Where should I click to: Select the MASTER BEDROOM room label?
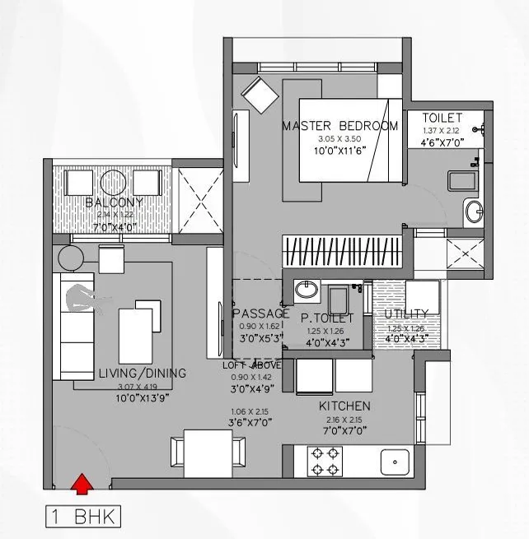click(339, 126)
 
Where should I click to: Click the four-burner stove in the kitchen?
click(324, 462)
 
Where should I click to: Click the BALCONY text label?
click(114, 202)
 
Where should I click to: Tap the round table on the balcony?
click(114, 182)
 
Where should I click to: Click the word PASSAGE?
click(260, 314)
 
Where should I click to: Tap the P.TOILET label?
click(327, 317)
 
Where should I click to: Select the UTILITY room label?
click(406, 314)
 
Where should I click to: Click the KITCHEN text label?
click(344, 406)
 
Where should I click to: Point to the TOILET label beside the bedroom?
click(442, 118)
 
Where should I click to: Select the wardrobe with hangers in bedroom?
click(342, 250)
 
